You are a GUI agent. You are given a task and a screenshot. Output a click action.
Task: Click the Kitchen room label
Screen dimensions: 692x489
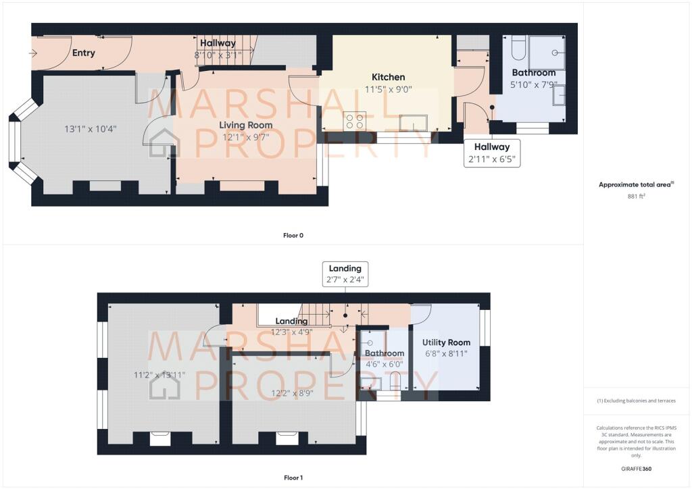388,77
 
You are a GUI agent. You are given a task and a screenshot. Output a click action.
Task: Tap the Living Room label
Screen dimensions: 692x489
246,125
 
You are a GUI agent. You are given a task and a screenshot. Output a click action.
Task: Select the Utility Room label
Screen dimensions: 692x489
446,342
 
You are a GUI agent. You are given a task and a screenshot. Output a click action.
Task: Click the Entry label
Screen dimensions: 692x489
83,53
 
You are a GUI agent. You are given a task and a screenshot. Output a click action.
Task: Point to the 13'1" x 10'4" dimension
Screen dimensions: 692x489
91,129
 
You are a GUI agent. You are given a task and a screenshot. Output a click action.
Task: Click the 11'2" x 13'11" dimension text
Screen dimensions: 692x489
159,376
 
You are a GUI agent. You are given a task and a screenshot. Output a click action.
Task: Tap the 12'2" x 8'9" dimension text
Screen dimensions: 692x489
292,393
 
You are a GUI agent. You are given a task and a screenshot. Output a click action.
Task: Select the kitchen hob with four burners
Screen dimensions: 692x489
355,121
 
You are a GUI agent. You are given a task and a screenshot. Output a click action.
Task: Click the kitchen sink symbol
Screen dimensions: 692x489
413,122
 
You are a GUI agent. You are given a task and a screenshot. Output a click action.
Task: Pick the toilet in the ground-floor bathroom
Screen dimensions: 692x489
518,48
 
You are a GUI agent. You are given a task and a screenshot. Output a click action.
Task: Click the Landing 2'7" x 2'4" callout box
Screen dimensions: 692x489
345,274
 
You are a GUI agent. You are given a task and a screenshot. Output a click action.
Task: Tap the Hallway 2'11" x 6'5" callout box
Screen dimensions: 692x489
492,153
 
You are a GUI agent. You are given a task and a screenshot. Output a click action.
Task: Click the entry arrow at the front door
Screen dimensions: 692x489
33,53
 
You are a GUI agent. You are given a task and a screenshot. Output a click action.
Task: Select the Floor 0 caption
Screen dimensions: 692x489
293,236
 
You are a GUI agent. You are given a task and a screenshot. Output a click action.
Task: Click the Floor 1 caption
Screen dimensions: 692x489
293,478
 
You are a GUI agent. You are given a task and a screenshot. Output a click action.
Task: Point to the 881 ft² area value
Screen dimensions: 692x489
636,197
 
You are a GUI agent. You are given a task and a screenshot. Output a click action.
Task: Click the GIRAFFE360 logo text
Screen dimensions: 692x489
636,469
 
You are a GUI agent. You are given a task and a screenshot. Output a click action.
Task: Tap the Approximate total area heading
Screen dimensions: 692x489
636,185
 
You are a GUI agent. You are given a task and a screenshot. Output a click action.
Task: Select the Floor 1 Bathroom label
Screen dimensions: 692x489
385,353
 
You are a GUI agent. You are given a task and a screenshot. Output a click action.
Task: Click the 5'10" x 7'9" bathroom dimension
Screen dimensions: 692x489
534,84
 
